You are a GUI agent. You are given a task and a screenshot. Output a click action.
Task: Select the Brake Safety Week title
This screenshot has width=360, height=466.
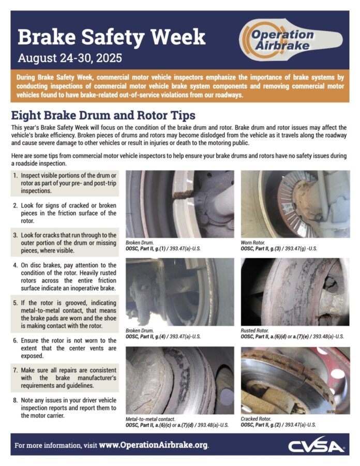click(x=111, y=37)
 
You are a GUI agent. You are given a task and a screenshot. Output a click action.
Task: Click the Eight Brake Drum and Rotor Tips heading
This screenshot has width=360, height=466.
click(x=103, y=115)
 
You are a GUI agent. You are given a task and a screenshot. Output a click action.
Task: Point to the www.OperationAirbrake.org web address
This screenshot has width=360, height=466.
click(x=153, y=445)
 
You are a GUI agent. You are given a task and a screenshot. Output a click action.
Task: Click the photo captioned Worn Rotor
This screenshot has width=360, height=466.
click(x=295, y=203)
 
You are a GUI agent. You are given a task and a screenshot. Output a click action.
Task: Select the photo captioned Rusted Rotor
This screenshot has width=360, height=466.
click(x=295, y=291)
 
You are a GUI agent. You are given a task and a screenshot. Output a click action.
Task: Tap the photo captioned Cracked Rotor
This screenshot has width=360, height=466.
click(x=295, y=380)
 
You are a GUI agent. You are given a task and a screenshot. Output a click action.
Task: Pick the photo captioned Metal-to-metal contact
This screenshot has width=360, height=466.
click(x=179, y=380)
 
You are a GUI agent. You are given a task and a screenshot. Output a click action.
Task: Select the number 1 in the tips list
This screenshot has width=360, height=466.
click(x=15, y=176)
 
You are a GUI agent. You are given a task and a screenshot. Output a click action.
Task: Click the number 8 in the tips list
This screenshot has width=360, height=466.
click(x=15, y=400)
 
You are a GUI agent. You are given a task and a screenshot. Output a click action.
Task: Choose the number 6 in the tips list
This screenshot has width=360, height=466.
click(x=15, y=340)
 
